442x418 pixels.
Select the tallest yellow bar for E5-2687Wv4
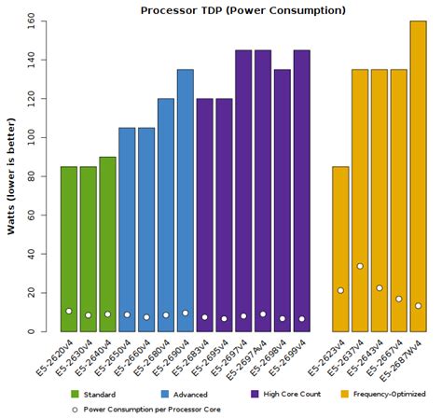click(418, 176)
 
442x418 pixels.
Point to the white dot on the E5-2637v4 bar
click(360, 266)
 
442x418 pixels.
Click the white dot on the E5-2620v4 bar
click(68, 311)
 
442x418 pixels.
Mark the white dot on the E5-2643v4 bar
click(380, 287)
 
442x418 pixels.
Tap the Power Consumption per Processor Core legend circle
click(76, 409)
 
